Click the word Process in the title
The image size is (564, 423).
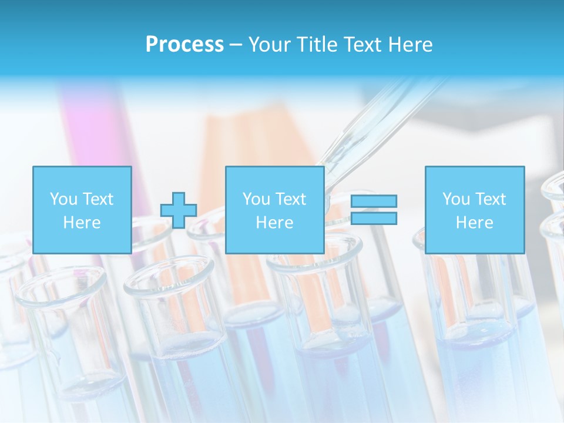184,44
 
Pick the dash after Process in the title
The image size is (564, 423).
236,45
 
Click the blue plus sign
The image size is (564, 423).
179,210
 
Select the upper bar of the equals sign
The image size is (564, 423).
374,201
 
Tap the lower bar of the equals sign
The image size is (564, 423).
374,219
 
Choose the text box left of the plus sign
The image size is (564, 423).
82,210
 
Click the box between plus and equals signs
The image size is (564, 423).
274,210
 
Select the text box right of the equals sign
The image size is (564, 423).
474,210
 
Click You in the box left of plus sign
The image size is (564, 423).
63,199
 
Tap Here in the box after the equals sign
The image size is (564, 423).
474,222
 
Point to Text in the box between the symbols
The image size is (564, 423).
291,199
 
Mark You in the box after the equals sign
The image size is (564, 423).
456,199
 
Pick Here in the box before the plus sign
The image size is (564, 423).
82,222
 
